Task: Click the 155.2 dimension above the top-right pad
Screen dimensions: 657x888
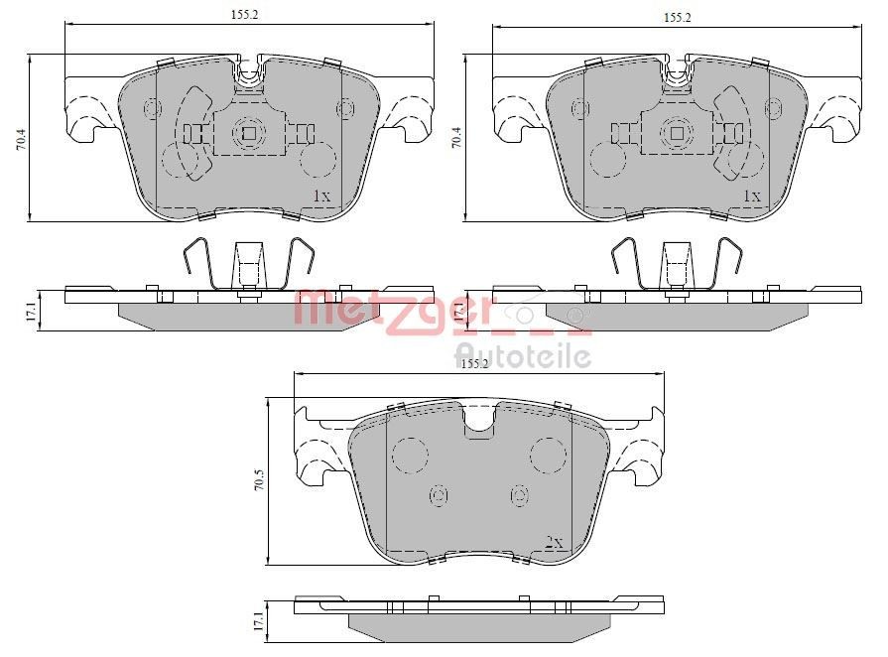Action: [x=677, y=17]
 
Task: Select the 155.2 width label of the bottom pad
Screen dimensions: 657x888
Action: [x=475, y=364]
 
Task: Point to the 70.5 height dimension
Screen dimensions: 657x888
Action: [x=259, y=481]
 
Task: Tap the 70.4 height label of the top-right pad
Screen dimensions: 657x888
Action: [x=456, y=139]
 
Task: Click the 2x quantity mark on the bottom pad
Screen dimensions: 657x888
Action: [x=554, y=543]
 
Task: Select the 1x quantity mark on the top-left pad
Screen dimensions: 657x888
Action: [x=320, y=196]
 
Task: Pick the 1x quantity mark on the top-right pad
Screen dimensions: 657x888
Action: [x=751, y=196]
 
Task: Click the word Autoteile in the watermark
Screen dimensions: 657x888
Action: [x=523, y=355]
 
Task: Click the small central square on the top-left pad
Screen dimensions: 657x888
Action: [x=249, y=133]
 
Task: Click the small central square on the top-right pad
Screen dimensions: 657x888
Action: [x=679, y=133]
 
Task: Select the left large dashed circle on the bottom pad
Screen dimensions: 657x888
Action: [x=409, y=455]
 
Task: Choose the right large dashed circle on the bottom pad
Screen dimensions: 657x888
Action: [x=547, y=455]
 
